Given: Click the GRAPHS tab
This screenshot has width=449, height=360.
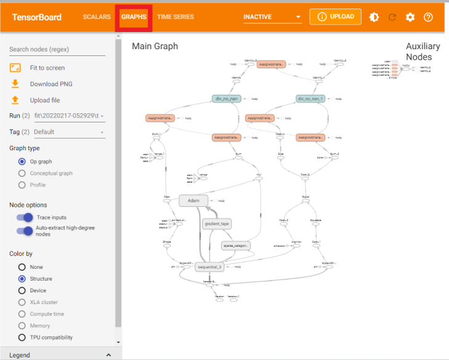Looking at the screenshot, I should point(134,17).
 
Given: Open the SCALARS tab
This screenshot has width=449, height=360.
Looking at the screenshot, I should point(96,17).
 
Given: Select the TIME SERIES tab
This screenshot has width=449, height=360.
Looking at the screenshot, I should point(176,17).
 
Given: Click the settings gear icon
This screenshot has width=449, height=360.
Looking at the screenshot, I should point(410,17).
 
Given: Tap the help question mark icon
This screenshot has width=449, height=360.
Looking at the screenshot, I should point(429,17).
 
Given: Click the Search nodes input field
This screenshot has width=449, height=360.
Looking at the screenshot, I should point(57,49).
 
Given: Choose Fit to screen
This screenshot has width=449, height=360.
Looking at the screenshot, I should point(47,68).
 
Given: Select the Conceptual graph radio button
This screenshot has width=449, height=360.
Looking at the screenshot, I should point(22,173).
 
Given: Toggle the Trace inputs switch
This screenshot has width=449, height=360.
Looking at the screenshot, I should point(25,217).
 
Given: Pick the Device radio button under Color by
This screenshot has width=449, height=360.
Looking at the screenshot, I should point(22,290).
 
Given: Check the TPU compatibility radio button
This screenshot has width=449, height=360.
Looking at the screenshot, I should point(22,337).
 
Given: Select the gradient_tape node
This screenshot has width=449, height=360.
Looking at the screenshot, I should point(216,223).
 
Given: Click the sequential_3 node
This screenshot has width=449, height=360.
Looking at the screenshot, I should point(209,267).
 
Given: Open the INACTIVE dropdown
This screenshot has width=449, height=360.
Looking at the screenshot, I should point(272,17).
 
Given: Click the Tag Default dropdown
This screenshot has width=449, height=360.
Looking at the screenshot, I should point(69,132).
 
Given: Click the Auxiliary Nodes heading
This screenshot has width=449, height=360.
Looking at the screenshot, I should point(423,51).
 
